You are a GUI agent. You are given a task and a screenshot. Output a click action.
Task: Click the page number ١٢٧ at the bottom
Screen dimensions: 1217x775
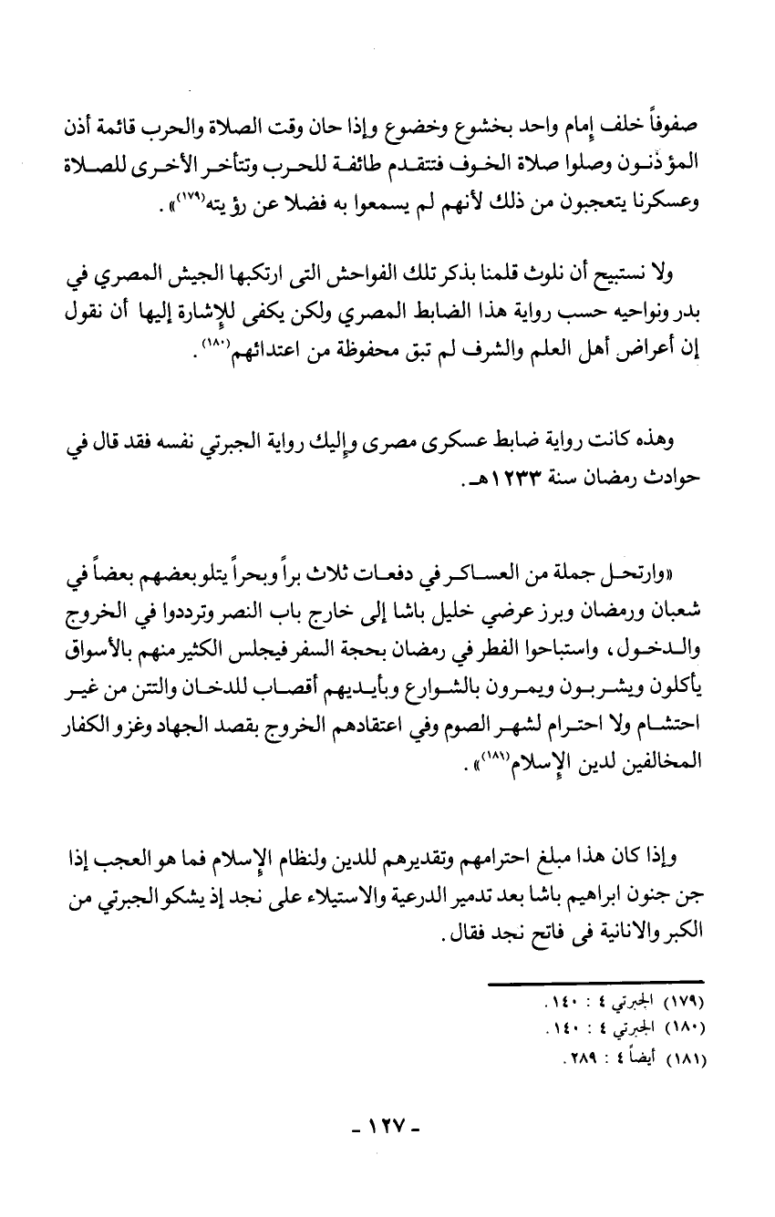pyautogui.click(x=387, y=1144)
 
